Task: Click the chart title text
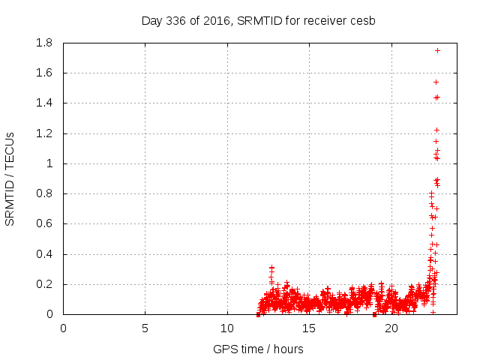(258, 20)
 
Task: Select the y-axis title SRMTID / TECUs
(10, 178)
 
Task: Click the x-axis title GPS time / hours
(258, 349)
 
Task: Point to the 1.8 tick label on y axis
(43, 43)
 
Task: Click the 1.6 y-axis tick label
(43, 73)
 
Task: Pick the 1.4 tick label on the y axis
(43, 103)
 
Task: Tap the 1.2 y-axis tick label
(43, 133)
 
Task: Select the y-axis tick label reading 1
(49, 163)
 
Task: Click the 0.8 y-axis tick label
(43, 193)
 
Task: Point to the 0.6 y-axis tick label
(43, 223)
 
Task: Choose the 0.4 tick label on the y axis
(43, 254)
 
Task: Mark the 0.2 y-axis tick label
(43, 284)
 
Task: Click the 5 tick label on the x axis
(145, 328)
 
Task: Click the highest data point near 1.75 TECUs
(437, 50)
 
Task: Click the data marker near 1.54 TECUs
(436, 82)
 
